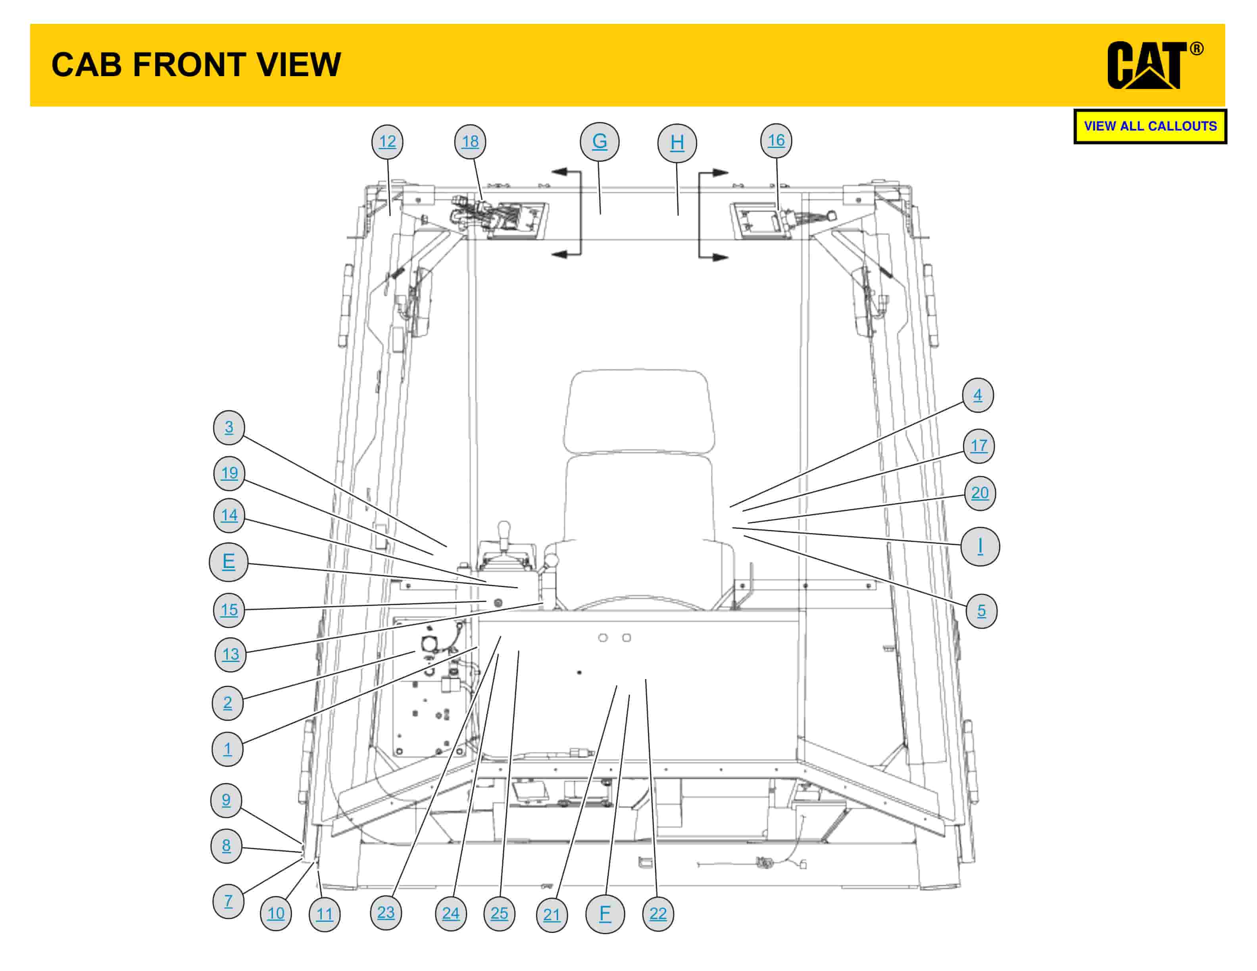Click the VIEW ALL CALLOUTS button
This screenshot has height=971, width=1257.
pos(1149,126)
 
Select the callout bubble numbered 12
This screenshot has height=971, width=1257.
pos(387,142)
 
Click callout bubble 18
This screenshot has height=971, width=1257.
pos(470,142)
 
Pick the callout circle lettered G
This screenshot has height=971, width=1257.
pos(599,142)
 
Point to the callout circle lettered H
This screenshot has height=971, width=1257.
pos(677,143)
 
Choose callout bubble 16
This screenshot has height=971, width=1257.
pos(776,140)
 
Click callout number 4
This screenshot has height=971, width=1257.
pos(977,395)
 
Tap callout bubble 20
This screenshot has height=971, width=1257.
pos(980,493)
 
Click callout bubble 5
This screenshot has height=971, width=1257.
pos(981,611)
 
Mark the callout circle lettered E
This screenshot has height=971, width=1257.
pos(229,561)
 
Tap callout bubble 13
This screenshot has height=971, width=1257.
pos(230,654)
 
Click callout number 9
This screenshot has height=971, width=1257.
pos(226,800)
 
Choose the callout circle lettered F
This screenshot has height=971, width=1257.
pos(604,913)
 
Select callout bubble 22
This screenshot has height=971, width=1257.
pos(658,913)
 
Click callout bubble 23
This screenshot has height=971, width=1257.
pos(386,912)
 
